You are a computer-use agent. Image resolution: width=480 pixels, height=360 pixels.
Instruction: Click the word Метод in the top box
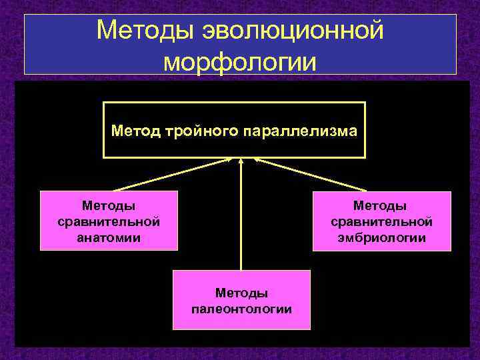133,130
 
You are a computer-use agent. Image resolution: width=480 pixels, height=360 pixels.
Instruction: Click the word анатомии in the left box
109,237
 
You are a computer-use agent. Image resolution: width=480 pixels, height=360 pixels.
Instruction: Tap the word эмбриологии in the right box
381,237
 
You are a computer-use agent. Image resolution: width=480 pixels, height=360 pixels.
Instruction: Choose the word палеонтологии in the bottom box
241,309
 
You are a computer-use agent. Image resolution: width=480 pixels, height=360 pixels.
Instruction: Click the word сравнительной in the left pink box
109,221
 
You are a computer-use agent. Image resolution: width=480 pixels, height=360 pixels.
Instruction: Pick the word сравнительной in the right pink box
381,221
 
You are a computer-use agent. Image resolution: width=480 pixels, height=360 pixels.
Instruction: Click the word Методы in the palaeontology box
241,293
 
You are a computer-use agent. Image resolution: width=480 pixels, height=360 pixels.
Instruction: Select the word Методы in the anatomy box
109,206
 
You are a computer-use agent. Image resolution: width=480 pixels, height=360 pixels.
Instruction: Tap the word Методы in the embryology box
381,206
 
